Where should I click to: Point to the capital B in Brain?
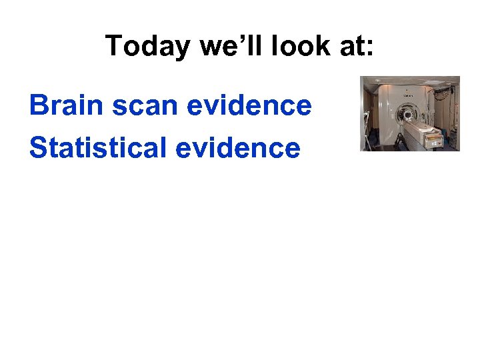pos(39,105)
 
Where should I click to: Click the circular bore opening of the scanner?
pos(405,115)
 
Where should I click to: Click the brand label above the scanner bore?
pos(404,96)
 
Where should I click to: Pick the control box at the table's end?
pos(436,140)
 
